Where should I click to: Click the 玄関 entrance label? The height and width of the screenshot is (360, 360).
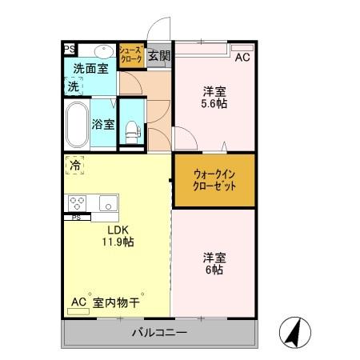pyautogui.click(x=159, y=55)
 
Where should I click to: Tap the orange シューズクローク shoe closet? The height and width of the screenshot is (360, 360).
pyautogui.click(x=131, y=54)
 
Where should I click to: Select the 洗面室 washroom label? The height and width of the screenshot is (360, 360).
pyautogui.click(x=90, y=69)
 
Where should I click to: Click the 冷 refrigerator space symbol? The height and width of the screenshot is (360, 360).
pyautogui.click(x=74, y=166)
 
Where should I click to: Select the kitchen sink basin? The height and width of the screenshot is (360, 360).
pyautogui.click(x=108, y=202)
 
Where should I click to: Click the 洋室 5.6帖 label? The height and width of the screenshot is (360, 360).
pyautogui.click(x=214, y=97)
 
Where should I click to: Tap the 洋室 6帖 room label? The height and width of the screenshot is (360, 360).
pyautogui.click(x=214, y=263)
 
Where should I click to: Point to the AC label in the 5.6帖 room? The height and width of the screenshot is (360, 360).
pyautogui.click(x=242, y=58)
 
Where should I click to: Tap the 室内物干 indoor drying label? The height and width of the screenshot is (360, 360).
pyautogui.click(x=116, y=302)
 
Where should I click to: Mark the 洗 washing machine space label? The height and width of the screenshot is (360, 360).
pyautogui.click(x=74, y=86)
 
